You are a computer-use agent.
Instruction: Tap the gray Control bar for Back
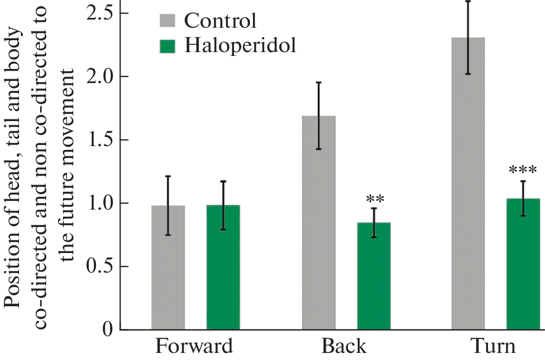click(x=319, y=223)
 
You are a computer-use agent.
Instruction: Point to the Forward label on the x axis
click(x=195, y=346)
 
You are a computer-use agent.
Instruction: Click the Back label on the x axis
click(x=344, y=346)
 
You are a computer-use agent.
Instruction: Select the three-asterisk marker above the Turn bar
click(x=523, y=170)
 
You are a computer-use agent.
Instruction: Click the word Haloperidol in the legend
click(x=240, y=46)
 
